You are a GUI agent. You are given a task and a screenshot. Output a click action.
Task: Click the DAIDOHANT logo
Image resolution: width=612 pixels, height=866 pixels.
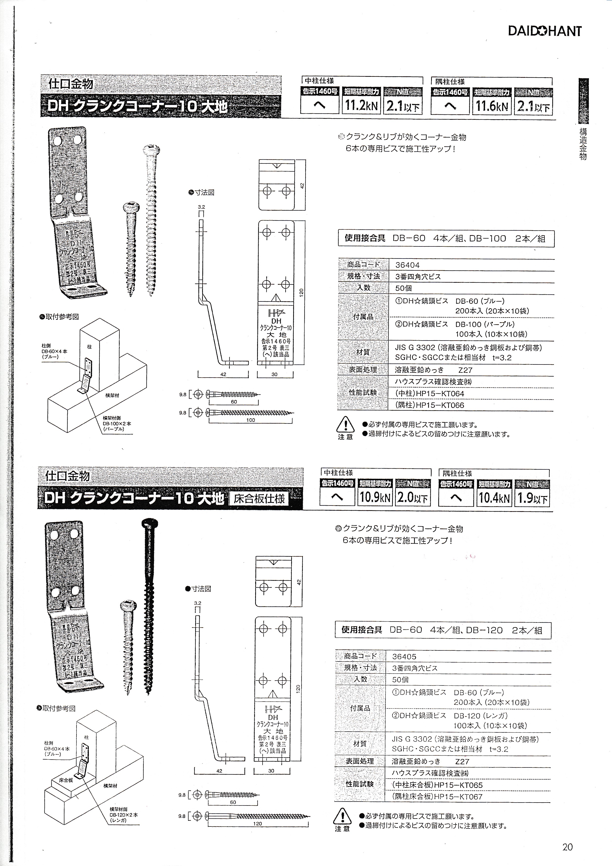(545, 31)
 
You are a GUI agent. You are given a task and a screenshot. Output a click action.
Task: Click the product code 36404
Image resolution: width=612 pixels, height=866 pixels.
(407, 265)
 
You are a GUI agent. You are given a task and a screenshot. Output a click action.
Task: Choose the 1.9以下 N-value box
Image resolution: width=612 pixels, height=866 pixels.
(532, 498)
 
